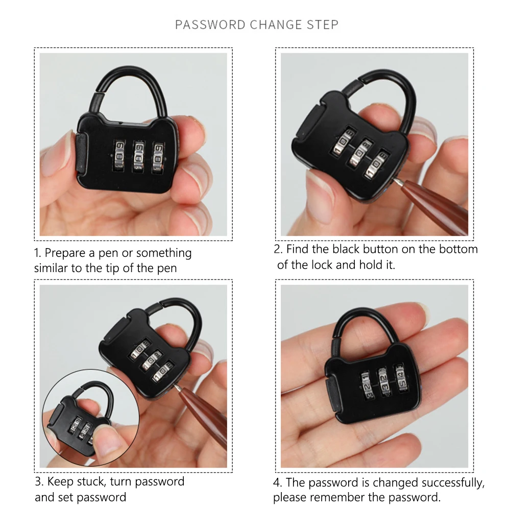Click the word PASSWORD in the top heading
click(x=210, y=25)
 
